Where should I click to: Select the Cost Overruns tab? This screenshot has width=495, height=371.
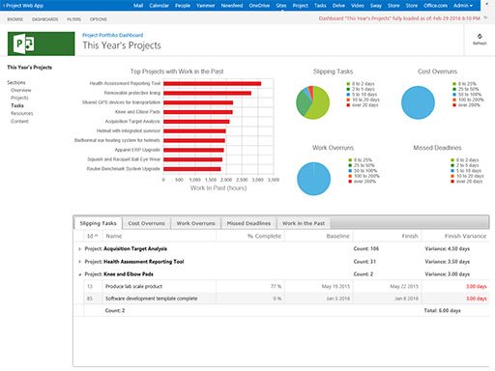click(146, 222)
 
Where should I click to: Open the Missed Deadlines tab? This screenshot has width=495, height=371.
click(248, 222)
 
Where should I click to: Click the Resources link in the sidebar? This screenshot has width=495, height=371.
click(20, 113)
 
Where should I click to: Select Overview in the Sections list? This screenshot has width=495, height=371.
click(21, 90)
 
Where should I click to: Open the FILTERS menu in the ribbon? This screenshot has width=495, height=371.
click(74, 19)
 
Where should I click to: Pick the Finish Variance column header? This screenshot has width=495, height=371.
click(463, 236)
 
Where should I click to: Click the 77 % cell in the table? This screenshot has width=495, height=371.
click(275, 286)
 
